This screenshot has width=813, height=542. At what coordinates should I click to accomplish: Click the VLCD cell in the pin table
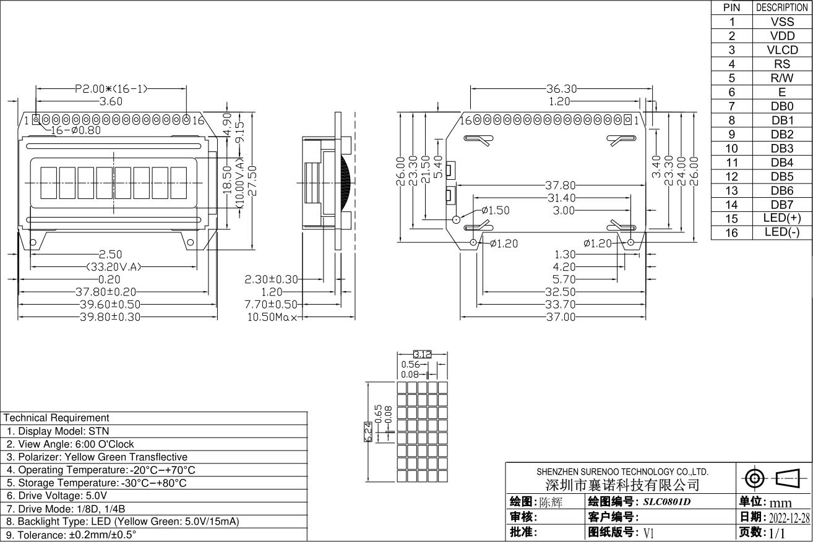click(x=782, y=50)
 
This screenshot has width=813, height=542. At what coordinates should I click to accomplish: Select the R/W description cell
click(x=782, y=78)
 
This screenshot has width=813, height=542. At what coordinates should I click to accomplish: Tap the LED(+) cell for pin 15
click(x=782, y=218)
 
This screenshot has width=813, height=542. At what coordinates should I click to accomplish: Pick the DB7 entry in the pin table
click(x=782, y=205)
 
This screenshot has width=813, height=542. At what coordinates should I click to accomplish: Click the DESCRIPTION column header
click(x=782, y=7)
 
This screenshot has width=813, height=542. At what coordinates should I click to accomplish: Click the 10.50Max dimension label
click(x=273, y=317)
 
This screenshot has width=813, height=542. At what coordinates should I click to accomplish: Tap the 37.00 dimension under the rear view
click(x=561, y=317)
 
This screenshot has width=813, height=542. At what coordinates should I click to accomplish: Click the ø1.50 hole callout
click(x=495, y=211)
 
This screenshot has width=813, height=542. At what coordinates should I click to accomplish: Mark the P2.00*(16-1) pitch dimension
click(x=111, y=88)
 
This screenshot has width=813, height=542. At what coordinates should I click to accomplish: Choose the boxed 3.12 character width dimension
click(x=422, y=355)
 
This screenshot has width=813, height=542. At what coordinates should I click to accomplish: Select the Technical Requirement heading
click(x=56, y=418)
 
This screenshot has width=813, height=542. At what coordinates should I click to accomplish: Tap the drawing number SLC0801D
click(x=666, y=502)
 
